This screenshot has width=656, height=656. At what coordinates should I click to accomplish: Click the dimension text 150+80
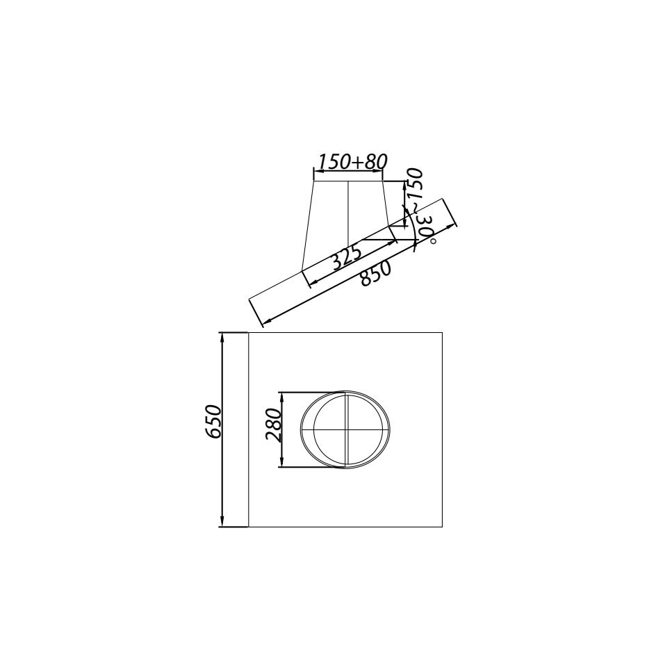[352, 161]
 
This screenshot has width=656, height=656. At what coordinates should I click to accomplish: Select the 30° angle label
[427, 229]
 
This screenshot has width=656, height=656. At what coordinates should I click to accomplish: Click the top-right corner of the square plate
[443, 332]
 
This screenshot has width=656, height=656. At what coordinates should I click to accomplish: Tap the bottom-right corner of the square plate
[443, 527]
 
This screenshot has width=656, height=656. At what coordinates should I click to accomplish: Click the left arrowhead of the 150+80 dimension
[317, 170]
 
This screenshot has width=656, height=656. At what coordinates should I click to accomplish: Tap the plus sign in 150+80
[356, 162]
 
